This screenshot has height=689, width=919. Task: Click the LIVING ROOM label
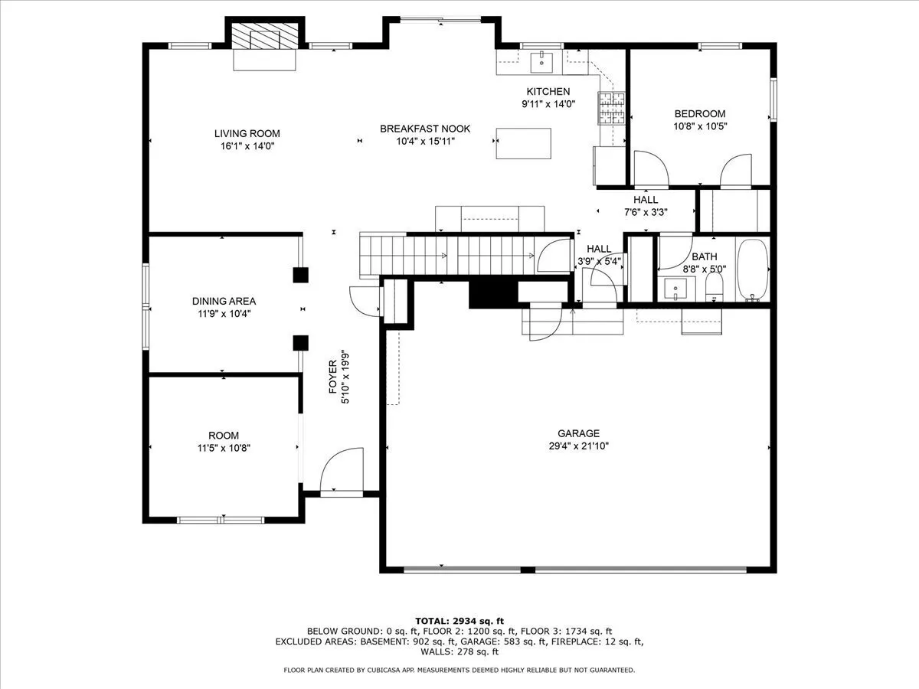pyautogui.click(x=247, y=133)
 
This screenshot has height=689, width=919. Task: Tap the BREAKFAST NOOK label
pyautogui.click(x=425, y=129)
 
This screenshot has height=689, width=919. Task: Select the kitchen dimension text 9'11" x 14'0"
pyautogui.click(x=548, y=104)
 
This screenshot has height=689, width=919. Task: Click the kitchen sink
pyautogui.click(x=541, y=62)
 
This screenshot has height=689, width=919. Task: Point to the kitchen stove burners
pyautogui.click(x=611, y=109)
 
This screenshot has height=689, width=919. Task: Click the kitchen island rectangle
pyautogui.click(x=523, y=143)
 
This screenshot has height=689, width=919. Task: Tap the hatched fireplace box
pyautogui.click(x=265, y=35)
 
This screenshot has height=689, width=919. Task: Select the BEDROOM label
pyautogui.click(x=700, y=113)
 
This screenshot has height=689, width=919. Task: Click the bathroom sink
pyautogui.click(x=675, y=289)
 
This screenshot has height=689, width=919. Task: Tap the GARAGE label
pyautogui.click(x=579, y=433)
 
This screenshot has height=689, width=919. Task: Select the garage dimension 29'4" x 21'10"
pyautogui.click(x=579, y=446)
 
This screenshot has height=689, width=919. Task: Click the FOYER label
pyautogui.click(x=333, y=377)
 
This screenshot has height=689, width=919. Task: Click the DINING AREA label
pyautogui.click(x=224, y=301)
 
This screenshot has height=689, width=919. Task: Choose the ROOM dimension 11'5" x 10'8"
pyautogui.click(x=224, y=448)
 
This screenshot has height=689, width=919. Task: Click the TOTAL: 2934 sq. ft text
pyautogui.click(x=459, y=621)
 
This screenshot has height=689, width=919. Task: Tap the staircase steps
pyautogui.click(x=446, y=255)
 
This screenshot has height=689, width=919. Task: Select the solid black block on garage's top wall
pyautogui.click(x=493, y=295)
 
